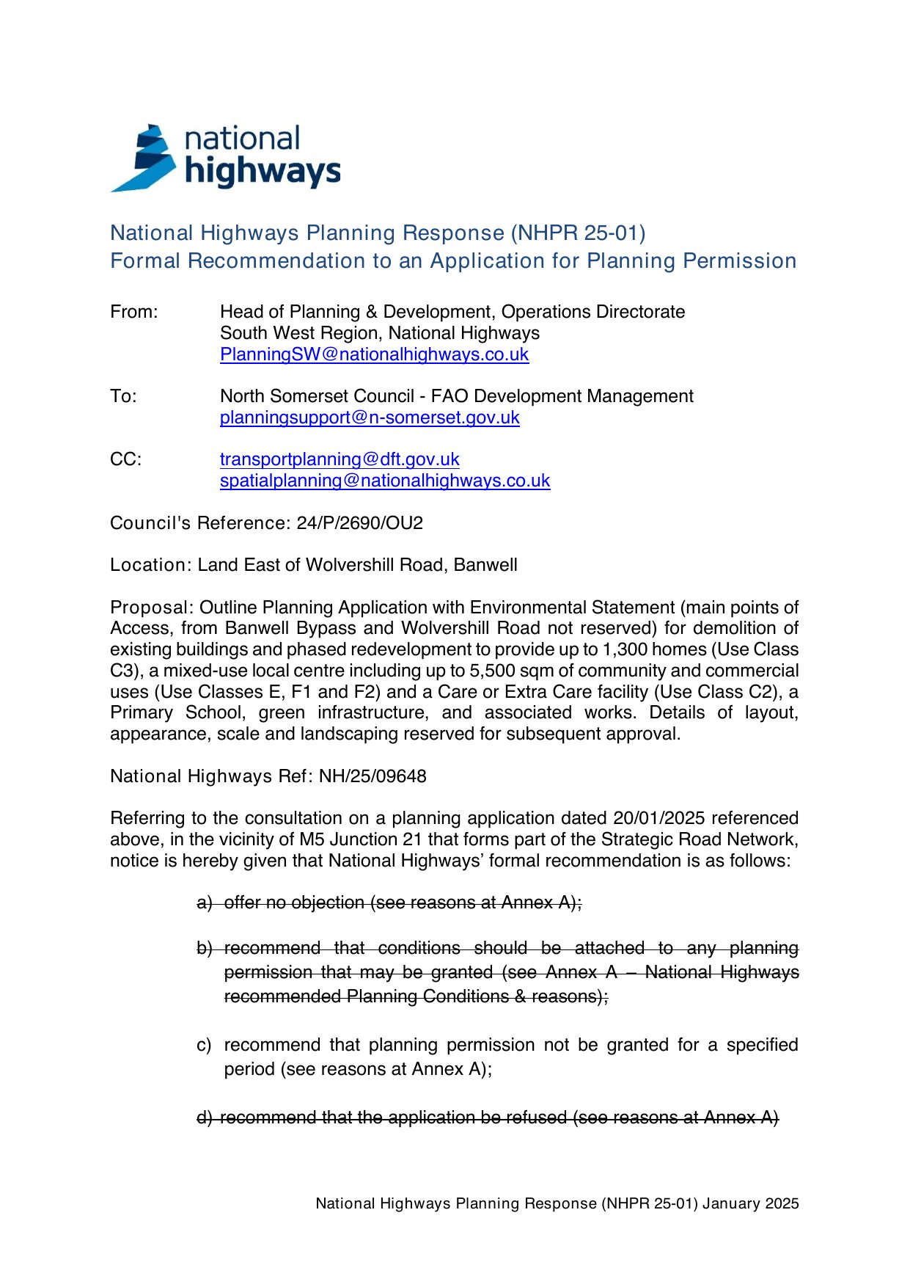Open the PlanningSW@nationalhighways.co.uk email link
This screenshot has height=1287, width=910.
click(x=374, y=354)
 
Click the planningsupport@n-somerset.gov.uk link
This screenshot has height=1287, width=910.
click(x=370, y=418)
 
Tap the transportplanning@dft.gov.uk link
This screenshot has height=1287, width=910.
click(x=340, y=459)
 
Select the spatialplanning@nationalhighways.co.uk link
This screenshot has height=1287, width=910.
click(x=385, y=481)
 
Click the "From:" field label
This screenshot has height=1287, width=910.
click(x=133, y=312)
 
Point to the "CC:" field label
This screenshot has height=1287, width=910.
click(x=125, y=459)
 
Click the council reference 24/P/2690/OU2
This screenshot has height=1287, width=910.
click(x=359, y=523)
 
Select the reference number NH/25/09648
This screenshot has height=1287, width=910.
click(x=373, y=776)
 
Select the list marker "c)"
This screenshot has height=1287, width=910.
click(x=204, y=1045)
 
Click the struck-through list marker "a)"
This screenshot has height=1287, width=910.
click(x=204, y=903)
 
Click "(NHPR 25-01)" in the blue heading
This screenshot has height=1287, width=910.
click(x=579, y=233)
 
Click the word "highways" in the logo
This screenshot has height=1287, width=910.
click(x=263, y=172)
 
